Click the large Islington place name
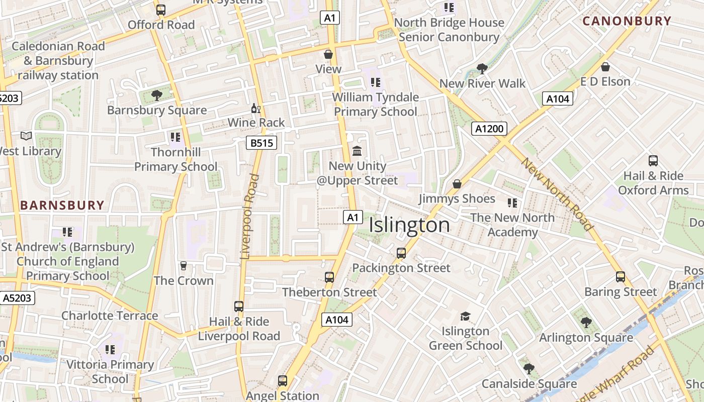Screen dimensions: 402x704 409,225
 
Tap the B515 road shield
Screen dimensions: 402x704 262,143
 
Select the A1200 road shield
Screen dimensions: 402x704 489,129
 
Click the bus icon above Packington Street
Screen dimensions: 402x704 401,253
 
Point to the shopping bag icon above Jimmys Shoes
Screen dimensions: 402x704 457,184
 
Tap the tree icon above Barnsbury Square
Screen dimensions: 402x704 157,95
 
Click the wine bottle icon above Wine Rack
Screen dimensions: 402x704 255,108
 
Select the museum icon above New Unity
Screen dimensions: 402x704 357,151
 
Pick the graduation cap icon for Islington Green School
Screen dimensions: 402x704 465,317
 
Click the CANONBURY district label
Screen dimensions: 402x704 627,21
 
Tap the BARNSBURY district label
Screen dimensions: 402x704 62,205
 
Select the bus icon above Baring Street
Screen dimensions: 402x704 621,277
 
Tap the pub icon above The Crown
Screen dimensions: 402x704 184,266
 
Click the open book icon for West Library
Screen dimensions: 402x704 26,136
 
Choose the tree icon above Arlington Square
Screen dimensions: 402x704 586,323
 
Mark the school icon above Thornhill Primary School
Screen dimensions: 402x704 175,137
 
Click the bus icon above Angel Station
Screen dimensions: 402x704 283,381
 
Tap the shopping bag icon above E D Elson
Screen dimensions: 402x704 605,67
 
